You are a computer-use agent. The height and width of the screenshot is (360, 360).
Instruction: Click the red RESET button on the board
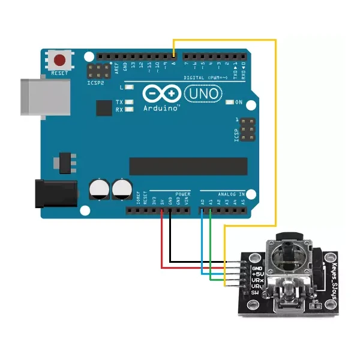click(x=60, y=60)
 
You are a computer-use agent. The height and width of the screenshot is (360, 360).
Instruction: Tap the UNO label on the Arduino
click(x=203, y=94)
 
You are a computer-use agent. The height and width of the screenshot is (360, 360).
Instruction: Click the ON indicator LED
click(x=230, y=102)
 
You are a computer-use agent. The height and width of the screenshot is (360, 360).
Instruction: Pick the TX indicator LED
click(x=128, y=102)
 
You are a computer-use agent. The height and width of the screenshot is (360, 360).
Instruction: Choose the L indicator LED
click(x=128, y=88)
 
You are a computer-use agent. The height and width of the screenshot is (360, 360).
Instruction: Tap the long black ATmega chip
click(x=188, y=166)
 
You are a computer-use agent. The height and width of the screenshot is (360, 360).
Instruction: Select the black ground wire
click(x=170, y=240)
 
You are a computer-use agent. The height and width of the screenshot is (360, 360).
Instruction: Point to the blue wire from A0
click(x=202, y=240)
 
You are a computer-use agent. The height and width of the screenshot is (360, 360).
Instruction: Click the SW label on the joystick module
click(x=255, y=292)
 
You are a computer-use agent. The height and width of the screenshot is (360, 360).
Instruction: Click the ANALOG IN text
click(x=230, y=194)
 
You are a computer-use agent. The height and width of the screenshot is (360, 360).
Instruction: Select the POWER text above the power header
click(x=182, y=194)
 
